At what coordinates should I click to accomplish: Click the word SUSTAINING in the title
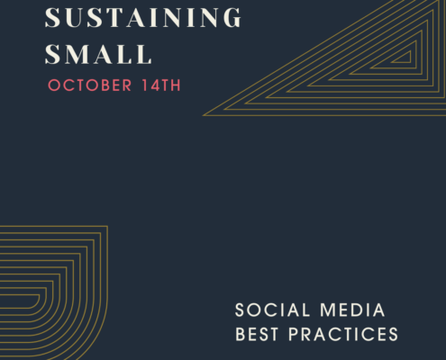click(143, 17)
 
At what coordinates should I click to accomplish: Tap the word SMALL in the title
click(98, 54)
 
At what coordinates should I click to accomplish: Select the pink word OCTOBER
click(90, 85)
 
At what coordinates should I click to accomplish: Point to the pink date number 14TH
click(161, 85)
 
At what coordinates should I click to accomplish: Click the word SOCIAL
click(272, 310)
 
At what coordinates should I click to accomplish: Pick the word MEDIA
click(352, 310)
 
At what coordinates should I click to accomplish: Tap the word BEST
click(257, 334)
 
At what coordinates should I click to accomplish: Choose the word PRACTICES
click(343, 334)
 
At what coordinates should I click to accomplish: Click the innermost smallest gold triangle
click(410, 57)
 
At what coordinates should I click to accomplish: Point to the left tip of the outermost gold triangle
click(203, 115)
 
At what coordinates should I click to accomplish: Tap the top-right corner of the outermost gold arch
click(107, 226)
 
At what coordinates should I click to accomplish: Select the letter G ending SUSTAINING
click(232, 17)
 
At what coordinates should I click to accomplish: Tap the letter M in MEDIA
click(327, 310)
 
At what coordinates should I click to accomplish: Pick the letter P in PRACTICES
click(294, 334)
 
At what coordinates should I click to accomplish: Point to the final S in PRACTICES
click(393, 334)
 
